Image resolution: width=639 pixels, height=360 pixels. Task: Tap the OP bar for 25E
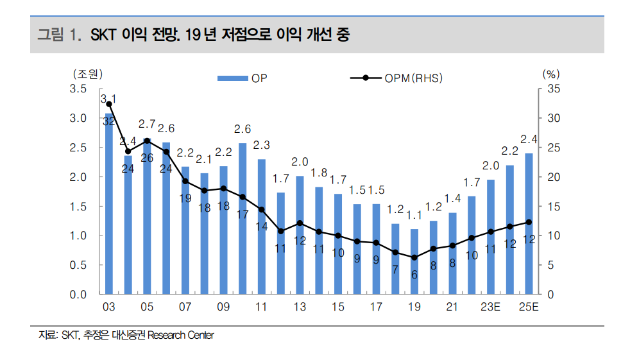pos(529,224)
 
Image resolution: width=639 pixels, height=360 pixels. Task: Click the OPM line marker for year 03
pos(109,104)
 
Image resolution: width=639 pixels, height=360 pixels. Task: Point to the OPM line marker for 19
pos(414,257)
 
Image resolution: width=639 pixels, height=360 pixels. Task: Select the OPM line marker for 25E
pos(529,222)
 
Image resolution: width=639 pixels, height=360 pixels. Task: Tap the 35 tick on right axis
pos(554,89)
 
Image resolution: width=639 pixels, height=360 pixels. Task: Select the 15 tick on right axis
pos(554,207)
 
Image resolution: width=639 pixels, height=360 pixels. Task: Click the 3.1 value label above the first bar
pos(108,98)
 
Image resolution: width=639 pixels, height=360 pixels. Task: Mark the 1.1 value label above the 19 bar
pos(414,216)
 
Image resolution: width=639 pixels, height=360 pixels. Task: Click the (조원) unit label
pos(87,73)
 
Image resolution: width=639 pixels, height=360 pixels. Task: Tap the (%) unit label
pos(551,73)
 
